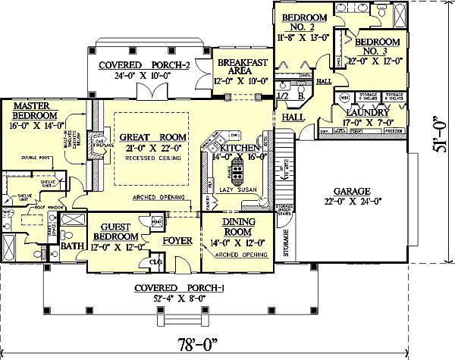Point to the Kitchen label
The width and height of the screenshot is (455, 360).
coord(240,146)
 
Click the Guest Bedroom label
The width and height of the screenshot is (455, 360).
coord(112,230)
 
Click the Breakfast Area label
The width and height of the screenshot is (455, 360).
coord(240,66)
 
